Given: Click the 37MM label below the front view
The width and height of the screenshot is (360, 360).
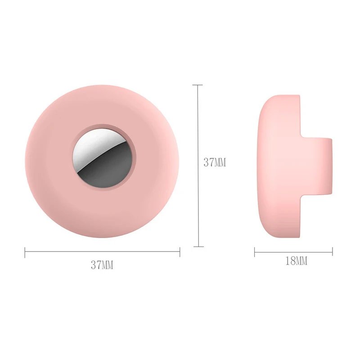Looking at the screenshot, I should point(102,265).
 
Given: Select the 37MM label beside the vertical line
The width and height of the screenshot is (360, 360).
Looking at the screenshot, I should point(215,162).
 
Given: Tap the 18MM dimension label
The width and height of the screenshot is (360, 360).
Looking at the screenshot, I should point(297,261).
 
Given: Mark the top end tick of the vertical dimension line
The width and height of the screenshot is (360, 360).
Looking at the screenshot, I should point(198,85).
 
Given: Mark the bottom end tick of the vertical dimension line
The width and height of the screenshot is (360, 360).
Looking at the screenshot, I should point(198,246).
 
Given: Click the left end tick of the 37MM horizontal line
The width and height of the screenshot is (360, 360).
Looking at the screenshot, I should point(25,253).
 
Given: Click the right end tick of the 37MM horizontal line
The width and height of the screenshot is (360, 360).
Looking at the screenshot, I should point(180,253).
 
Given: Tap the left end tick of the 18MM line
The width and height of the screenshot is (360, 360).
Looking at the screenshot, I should point(255,252).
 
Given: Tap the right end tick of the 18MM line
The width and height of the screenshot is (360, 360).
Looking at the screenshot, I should point(333,252).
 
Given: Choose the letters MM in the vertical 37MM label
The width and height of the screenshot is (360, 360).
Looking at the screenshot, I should point(220,162).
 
